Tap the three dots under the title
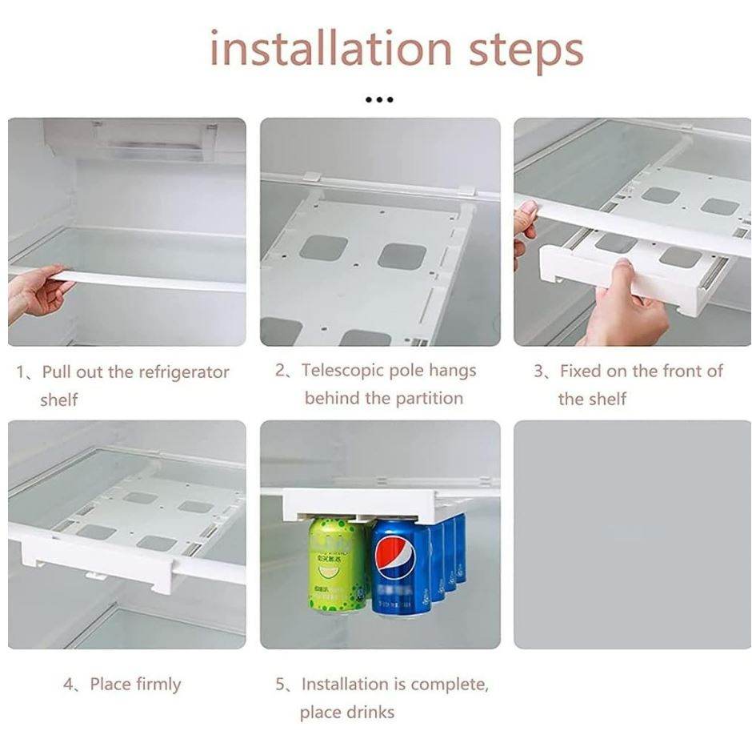(x=378, y=100)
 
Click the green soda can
(x=337, y=564)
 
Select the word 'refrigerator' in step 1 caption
(x=184, y=372)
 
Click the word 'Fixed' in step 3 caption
(x=582, y=371)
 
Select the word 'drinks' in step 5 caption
(x=367, y=712)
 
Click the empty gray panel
(x=631, y=534)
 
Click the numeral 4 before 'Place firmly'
(x=69, y=685)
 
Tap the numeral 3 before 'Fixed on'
(x=539, y=371)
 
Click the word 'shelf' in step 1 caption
(x=59, y=399)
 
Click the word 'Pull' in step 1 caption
(x=55, y=372)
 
